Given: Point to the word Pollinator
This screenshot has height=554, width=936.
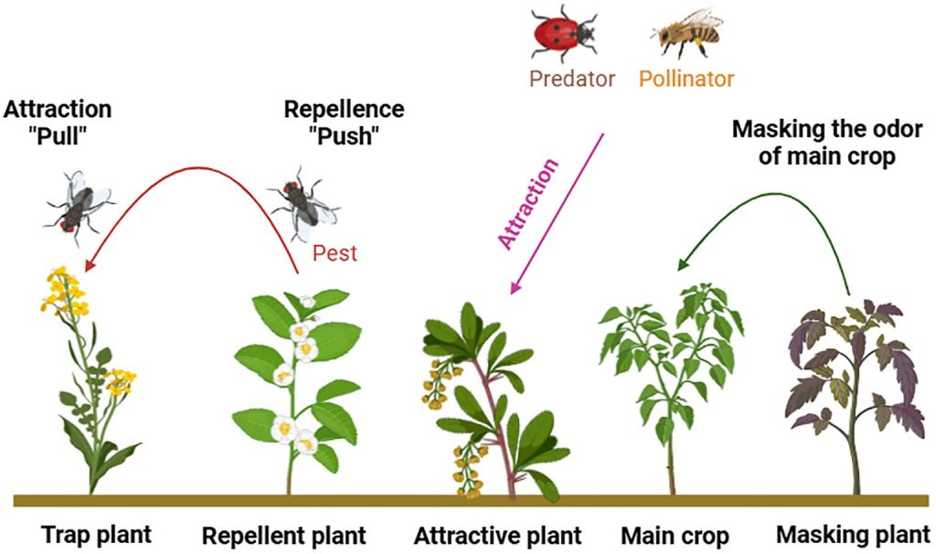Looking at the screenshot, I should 686,79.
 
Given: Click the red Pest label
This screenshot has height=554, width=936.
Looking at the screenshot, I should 335,252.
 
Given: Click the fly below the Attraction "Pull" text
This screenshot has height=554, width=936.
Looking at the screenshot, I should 80,200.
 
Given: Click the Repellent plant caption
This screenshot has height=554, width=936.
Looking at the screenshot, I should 283,534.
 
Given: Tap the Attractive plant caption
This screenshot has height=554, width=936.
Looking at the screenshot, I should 497,534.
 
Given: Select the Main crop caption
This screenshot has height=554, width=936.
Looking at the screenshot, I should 675,534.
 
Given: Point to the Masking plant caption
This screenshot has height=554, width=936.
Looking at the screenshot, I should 853,533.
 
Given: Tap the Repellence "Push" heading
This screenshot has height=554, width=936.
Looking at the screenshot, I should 344,122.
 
